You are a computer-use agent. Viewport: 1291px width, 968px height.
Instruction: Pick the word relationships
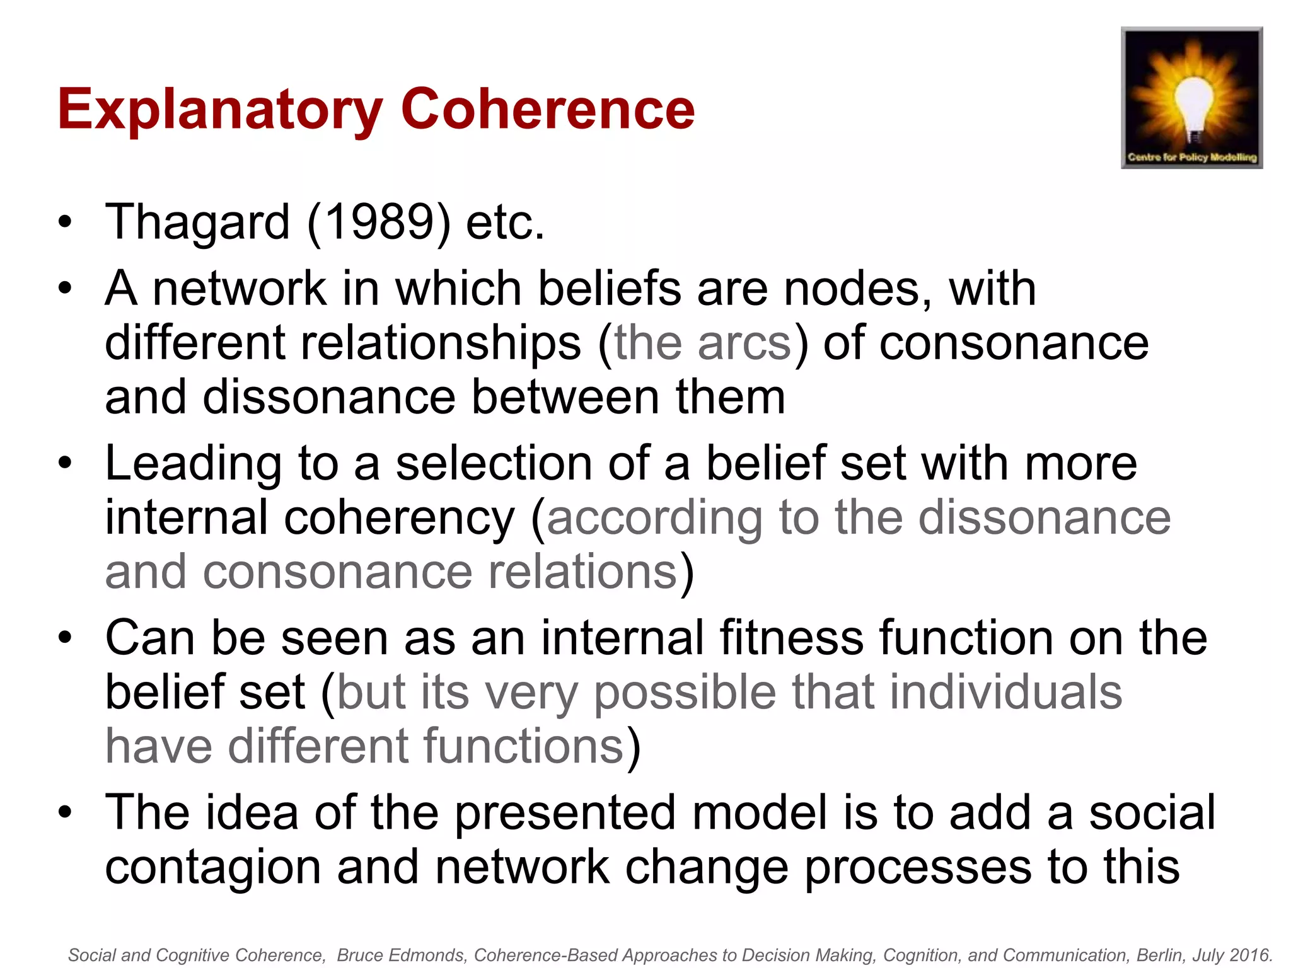point(343,343)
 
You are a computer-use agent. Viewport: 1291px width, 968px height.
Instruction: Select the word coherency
point(400,519)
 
